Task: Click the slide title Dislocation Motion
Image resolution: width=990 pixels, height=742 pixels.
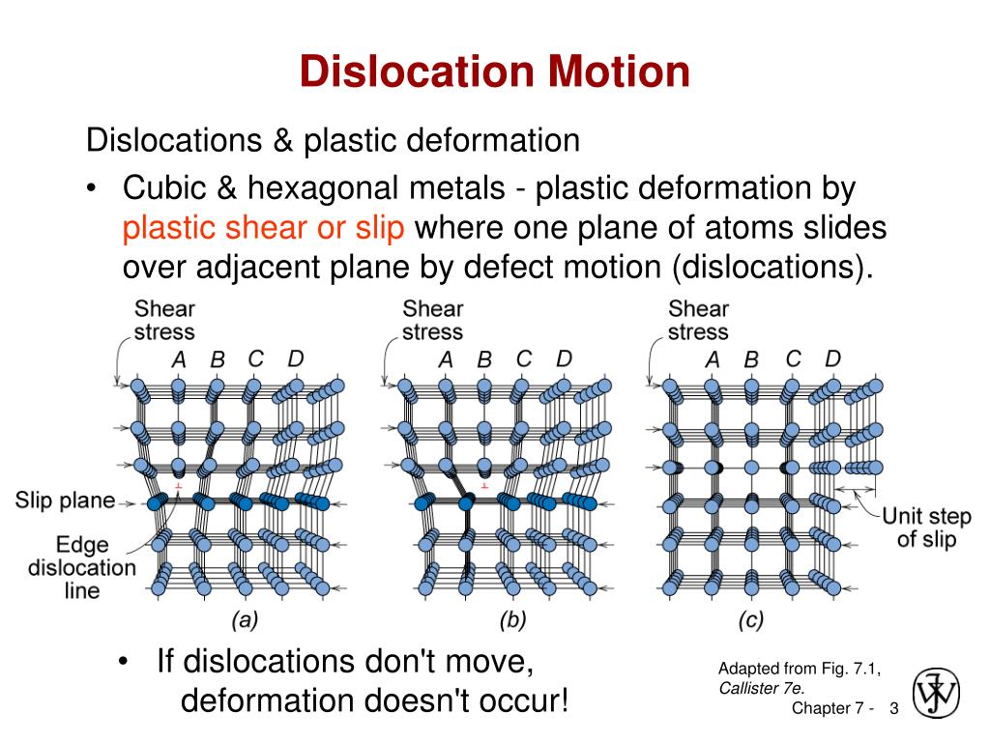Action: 494,71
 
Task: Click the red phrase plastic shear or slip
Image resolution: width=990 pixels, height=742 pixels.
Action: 263,228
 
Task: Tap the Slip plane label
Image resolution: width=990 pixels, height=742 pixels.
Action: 65,500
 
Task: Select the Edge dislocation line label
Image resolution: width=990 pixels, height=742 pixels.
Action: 82,567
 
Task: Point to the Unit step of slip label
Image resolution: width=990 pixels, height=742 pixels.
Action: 926,528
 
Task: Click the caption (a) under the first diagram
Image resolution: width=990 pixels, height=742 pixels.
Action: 245,619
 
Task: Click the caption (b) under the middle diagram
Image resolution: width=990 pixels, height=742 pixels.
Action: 512,619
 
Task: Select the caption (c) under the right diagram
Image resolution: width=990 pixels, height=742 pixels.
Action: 750,619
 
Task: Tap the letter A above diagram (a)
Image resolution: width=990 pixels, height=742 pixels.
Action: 179,359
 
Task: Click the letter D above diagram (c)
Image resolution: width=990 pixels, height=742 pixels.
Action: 832,358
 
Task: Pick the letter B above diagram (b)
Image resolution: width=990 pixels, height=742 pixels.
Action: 484,359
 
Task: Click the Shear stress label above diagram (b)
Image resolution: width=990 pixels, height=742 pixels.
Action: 432,320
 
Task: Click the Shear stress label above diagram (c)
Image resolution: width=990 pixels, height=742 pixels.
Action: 698,320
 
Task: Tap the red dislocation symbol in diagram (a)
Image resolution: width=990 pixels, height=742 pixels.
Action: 179,487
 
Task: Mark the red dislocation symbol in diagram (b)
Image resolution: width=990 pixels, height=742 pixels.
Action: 484,487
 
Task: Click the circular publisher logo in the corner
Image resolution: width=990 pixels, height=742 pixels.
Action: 936,693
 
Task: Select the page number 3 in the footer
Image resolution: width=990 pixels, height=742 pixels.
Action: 894,708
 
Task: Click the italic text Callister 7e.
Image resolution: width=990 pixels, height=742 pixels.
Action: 762,688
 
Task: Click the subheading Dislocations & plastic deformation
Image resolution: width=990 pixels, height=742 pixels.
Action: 333,141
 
